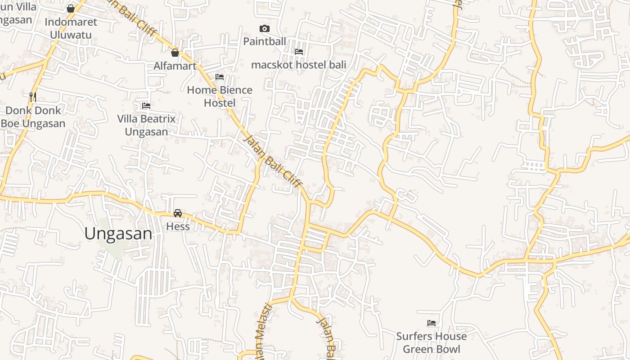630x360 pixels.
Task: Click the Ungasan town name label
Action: pos(118,234)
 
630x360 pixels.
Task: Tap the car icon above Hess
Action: pos(178,213)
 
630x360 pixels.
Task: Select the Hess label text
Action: pos(178,226)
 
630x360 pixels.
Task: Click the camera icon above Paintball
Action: pos(265,29)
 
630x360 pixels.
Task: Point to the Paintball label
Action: pos(265,41)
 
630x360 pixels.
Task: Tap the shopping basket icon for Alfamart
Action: pos(175,53)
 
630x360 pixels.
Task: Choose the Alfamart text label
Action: pos(175,66)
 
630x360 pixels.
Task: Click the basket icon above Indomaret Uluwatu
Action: pos(71,9)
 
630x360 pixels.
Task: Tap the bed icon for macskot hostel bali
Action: pos(298,52)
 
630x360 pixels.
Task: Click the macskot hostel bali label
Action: pos(298,65)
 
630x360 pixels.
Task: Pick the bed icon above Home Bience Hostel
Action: pos(220,77)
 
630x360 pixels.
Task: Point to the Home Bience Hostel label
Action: pos(220,96)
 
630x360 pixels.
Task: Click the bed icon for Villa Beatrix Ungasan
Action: pos(146,106)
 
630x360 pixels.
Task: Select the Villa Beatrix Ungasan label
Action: pos(146,125)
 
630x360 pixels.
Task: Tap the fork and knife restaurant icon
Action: pos(32,96)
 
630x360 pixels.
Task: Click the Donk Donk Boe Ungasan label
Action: pos(33,117)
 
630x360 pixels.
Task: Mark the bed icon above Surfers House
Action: pos(431,323)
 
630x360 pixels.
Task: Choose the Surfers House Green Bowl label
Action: pos(431,342)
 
